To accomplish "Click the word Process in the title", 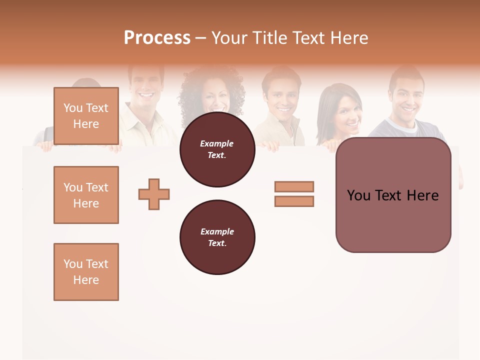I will (157, 38).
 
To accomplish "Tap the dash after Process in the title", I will (200, 38).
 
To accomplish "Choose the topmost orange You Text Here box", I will (86, 116).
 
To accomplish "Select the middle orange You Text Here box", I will (86, 195).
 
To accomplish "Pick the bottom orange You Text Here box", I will (86, 272).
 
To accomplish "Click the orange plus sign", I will (154, 194).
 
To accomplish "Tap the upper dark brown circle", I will (217, 149).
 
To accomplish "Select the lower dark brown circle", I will (217, 237).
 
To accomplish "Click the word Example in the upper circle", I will (216, 143).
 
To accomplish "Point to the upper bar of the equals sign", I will (294, 186).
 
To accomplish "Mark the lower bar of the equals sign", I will (294, 201).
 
